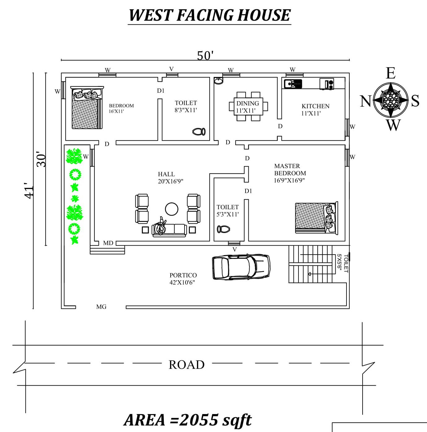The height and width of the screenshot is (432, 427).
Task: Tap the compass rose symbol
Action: tap(390, 100)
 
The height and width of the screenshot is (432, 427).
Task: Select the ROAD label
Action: tap(186, 365)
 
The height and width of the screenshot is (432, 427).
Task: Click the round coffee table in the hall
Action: tap(172, 209)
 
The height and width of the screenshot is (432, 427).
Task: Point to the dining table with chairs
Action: tap(248, 106)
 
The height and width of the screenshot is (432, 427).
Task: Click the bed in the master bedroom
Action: tap(316, 218)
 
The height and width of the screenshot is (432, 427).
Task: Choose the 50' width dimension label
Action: tap(205, 56)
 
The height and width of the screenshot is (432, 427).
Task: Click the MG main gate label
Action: tap(101, 307)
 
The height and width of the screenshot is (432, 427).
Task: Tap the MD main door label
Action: tap(108, 243)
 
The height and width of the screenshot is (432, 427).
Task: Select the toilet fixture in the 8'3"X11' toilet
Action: tap(199, 132)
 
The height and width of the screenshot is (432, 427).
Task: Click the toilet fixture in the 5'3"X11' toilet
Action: tap(223, 229)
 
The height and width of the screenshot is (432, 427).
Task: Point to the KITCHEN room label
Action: tap(315, 106)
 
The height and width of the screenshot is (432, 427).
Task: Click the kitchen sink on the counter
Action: tap(293, 84)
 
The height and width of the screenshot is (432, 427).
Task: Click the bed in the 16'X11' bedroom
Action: tap(87, 108)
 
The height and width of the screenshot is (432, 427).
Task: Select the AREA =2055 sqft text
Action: tap(188, 420)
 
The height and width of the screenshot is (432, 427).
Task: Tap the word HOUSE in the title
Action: tap(264, 15)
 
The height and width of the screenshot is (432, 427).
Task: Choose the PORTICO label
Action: tap(183, 275)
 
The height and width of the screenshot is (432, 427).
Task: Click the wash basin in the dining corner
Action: tap(218, 81)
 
